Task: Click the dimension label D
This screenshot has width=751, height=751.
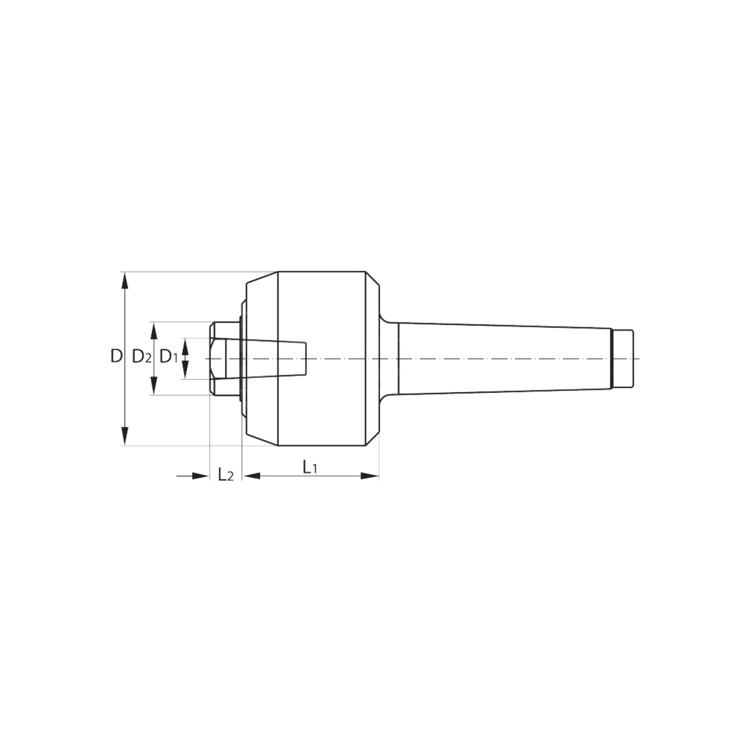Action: point(116,356)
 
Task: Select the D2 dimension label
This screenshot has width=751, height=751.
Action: point(142,356)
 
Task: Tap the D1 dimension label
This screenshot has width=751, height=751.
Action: point(169,356)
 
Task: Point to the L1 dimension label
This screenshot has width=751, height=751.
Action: point(310,467)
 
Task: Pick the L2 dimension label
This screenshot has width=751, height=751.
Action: point(226,474)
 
